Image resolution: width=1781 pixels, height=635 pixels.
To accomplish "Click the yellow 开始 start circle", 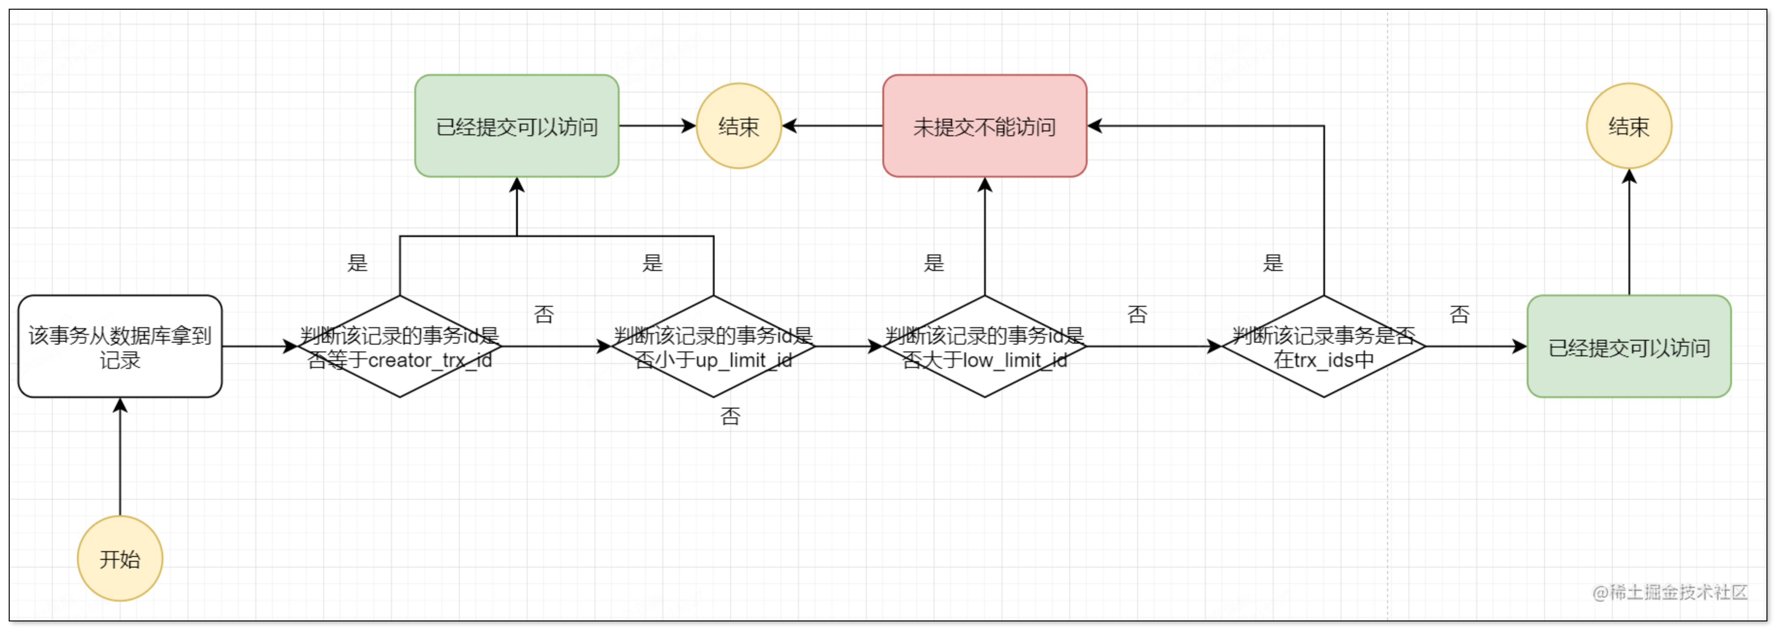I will click(120, 558).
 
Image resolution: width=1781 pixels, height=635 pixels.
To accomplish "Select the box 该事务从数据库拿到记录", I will click(120, 347).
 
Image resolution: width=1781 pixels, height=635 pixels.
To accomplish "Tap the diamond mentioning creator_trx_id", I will click(400, 347).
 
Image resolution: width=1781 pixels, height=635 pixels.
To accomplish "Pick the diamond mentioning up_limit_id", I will click(714, 347).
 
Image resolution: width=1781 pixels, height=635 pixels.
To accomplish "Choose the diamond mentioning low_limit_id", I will click(984, 347).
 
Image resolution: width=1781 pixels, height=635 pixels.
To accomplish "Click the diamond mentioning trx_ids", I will click(1323, 347).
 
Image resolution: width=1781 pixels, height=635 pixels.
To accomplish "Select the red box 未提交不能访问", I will click(984, 126).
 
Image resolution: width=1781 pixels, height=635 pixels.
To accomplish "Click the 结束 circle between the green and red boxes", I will click(738, 126).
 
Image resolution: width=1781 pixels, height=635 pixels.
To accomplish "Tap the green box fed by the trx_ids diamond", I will click(1629, 347).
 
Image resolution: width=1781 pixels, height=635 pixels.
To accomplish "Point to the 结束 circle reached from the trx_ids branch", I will click(1629, 126).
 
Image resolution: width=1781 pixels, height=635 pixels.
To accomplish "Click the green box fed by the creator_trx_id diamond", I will click(516, 126).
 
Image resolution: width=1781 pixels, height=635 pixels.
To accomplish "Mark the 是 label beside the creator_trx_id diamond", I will click(358, 263).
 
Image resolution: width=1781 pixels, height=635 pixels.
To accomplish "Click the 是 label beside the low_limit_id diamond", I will click(933, 263).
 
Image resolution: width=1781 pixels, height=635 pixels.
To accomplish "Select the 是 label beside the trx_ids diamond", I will click(1273, 263).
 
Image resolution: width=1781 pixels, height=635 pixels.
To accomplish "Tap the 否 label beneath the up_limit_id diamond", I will click(730, 416).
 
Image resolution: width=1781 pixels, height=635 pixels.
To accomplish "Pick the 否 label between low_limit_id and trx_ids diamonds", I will click(1137, 315).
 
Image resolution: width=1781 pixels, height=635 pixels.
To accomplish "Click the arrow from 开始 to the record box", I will click(120, 457).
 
